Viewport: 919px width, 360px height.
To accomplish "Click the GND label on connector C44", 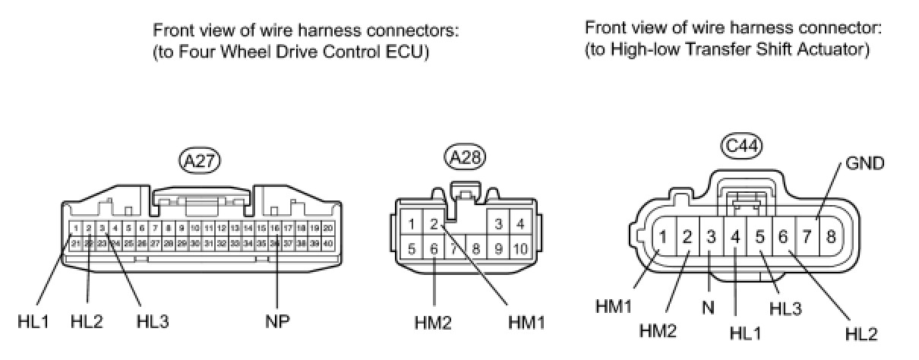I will click(x=864, y=163).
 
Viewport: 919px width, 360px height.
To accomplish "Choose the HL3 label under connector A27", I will click(x=153, y=321).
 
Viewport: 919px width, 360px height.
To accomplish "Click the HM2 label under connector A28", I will click(x=434, y=323).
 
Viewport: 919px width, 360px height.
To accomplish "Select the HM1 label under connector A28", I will click(x=526, y=323).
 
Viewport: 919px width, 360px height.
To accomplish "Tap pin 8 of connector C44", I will click(x=831, y=236).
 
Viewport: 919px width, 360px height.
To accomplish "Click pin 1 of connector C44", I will click(x=663, y=236).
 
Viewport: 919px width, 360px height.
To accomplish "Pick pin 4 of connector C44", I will click(x=735, y=236).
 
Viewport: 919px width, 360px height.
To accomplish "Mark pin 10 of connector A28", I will click(x=520, y=248).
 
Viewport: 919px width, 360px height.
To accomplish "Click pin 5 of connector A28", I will click(x=411, y=248).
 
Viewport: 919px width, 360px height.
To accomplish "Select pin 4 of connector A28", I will click(x=520, y=224).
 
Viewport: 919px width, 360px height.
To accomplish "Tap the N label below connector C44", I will click(x=708, y=308).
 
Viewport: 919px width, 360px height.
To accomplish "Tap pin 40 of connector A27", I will click(x=328, y=244).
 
